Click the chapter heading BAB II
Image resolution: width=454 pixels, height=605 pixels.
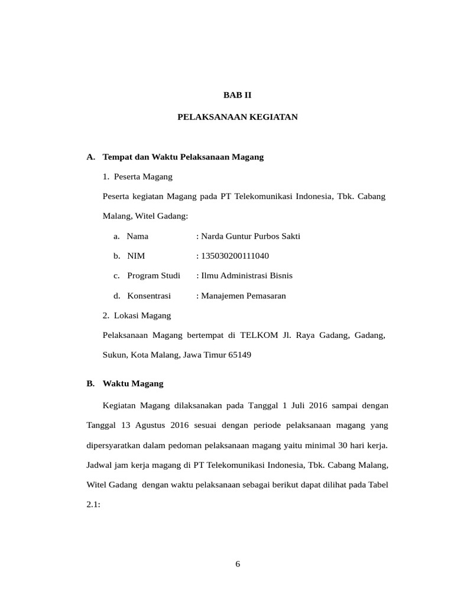pos(237,94)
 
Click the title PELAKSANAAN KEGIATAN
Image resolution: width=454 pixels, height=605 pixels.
pos(238,117)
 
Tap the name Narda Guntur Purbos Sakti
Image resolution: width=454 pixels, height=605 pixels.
pos(251,236)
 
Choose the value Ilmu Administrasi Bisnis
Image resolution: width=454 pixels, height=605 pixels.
pos(247,276)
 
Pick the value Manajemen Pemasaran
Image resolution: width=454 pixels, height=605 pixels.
pos(244,295)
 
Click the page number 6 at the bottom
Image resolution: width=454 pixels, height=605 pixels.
pos(238,564)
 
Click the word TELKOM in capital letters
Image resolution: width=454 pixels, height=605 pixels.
pos(257,336)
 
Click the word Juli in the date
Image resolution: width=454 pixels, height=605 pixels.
pos(297,406)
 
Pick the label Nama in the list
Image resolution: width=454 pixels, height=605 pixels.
pos(137,236)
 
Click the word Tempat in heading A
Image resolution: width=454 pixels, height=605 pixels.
pos(116,157)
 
